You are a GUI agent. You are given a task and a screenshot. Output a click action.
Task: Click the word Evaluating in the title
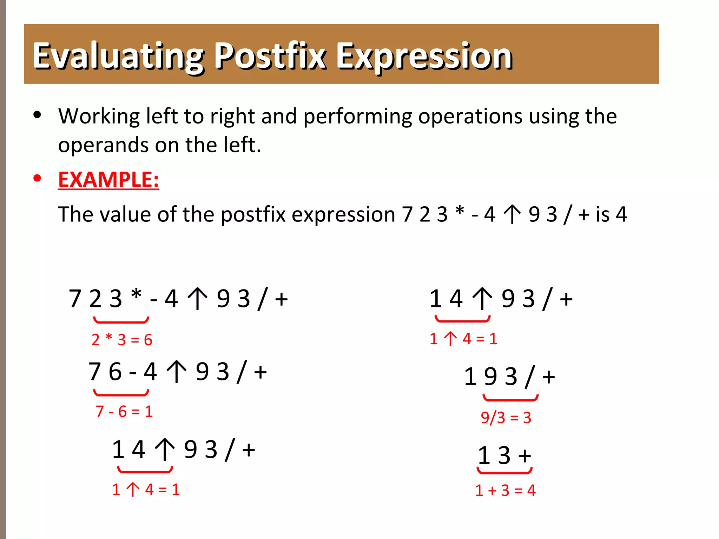click(118, 56)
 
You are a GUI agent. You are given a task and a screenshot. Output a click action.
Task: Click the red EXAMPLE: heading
click(108, 180)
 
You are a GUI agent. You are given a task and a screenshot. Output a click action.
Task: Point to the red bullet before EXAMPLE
click(37, 179)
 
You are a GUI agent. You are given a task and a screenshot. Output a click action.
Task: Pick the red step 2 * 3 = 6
click(122, 340)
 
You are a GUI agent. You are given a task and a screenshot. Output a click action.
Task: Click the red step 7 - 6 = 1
click(124, 411)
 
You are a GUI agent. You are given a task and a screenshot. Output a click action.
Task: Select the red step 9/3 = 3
click(506, 418)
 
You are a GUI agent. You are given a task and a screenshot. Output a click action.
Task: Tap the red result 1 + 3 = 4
click(505, 490)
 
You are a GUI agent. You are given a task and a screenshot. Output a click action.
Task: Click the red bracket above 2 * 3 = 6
click(121, 321)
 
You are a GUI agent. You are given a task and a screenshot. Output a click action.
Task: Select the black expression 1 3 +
click(504, 455)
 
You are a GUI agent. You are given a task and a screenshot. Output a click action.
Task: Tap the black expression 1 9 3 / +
click(509, 377)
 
